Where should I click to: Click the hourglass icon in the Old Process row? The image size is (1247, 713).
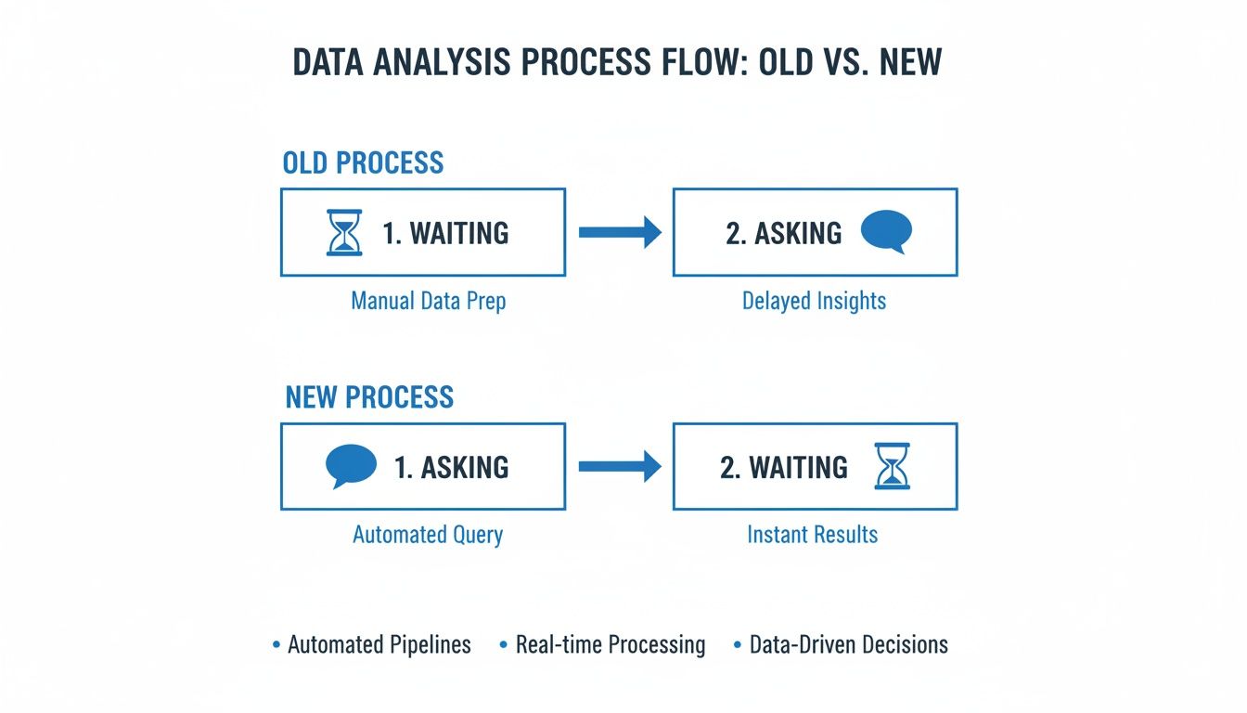tap(345, 232)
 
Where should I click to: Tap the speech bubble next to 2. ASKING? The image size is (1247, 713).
tap(886, 232)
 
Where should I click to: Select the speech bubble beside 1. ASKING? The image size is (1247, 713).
tap(352, 466)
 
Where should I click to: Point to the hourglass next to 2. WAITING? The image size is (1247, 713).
tap(892, 466)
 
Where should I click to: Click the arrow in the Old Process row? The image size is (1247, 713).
tap(619, 232)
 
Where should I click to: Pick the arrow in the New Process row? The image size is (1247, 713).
tap(619, 467)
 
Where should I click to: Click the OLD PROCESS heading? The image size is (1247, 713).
tap(363, 162)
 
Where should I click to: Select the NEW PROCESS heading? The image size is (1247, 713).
tap(368, 397)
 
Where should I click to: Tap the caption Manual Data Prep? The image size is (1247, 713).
tap(428, 301)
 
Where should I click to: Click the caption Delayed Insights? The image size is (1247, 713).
tap(814, 301)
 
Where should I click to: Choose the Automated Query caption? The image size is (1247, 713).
tap(428, 535)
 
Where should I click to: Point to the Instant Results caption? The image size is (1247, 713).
tap(812, 535)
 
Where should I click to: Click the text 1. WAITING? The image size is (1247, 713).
tap(445, 232)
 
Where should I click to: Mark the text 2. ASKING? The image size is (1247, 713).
tap(783, 232)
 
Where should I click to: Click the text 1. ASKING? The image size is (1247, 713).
tap(451, 467)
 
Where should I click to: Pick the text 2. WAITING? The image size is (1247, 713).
tap(783, 467)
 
